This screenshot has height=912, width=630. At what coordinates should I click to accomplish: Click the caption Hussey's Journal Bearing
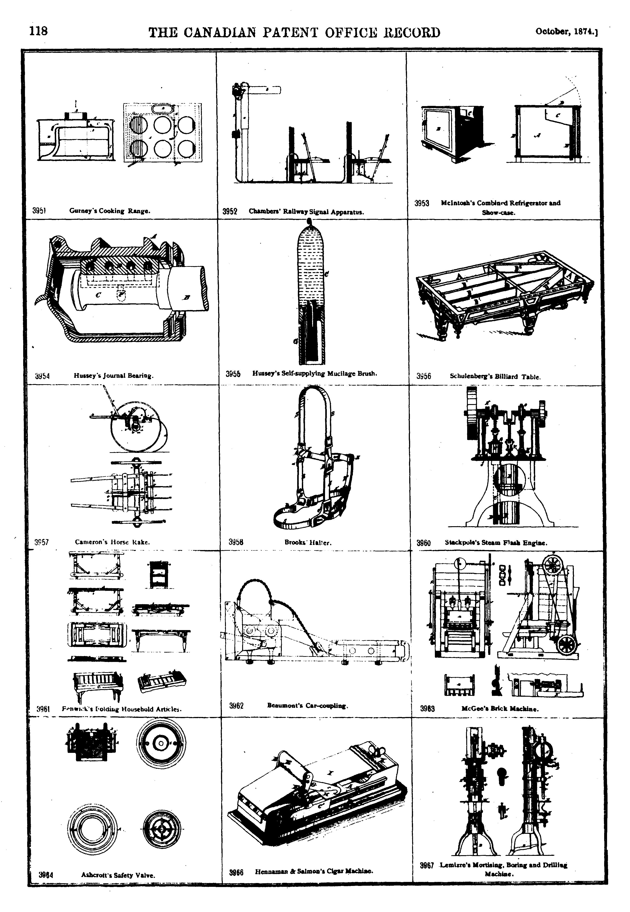point(113,376)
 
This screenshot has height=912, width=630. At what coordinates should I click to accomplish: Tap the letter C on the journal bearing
point(98,294)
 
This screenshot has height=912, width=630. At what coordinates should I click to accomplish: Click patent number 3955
point(233,374)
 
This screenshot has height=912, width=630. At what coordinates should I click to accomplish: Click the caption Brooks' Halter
point(308,542)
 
